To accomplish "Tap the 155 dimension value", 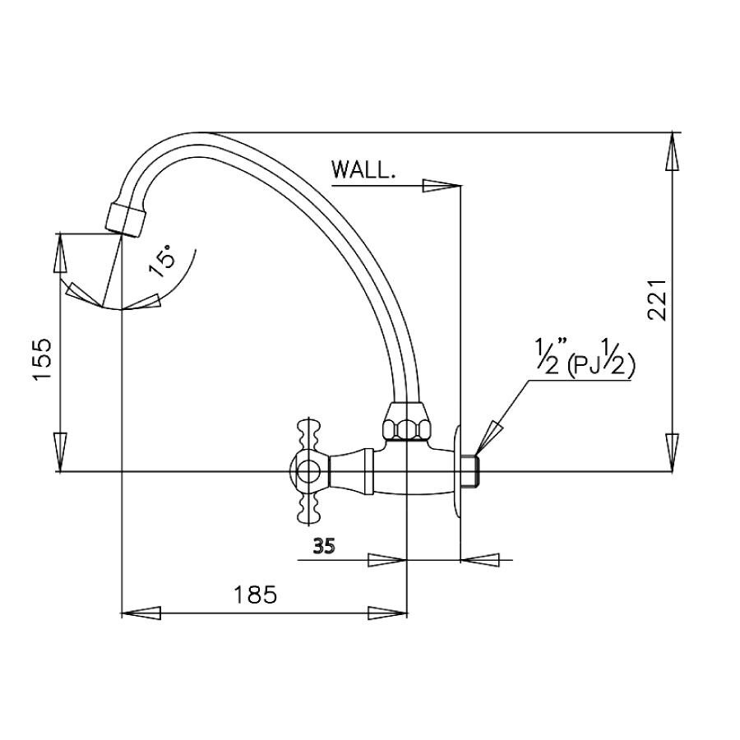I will (45, 359).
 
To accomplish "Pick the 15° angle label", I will (162, 262).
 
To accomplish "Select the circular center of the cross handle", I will (308, 471).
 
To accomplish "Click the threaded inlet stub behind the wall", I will (471, 470).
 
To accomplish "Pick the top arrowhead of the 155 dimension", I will (60, 253).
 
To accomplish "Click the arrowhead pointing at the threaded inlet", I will (488, 435).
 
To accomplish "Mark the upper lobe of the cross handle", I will (309, 433).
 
